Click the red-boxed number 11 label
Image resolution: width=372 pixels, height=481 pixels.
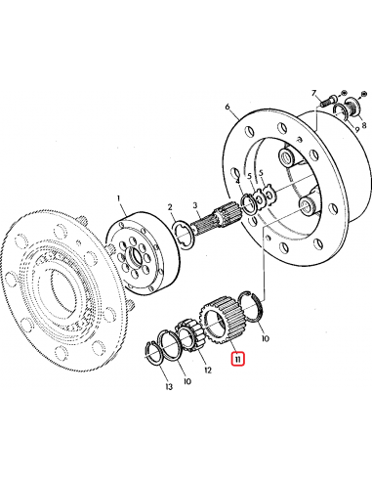coord(239,360)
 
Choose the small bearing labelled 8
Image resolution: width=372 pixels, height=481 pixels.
coord(350,109)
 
